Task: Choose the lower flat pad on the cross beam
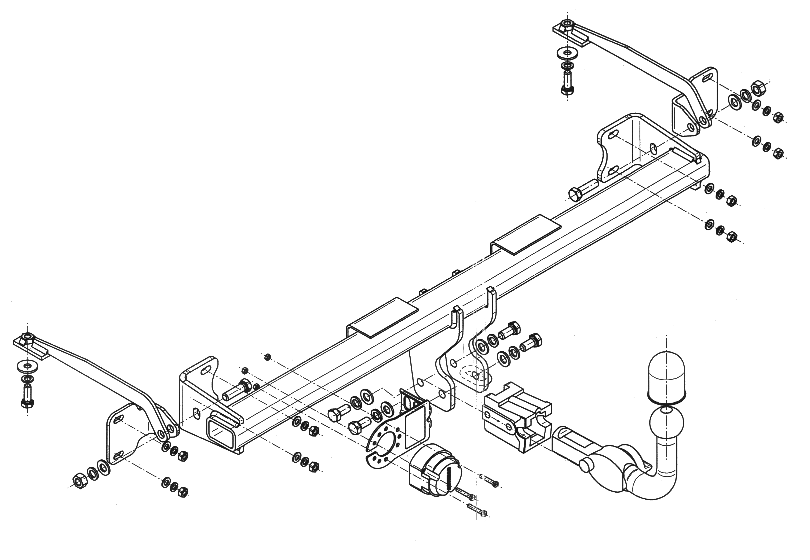tap(383, 318)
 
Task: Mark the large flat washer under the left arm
tap(27, 366)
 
